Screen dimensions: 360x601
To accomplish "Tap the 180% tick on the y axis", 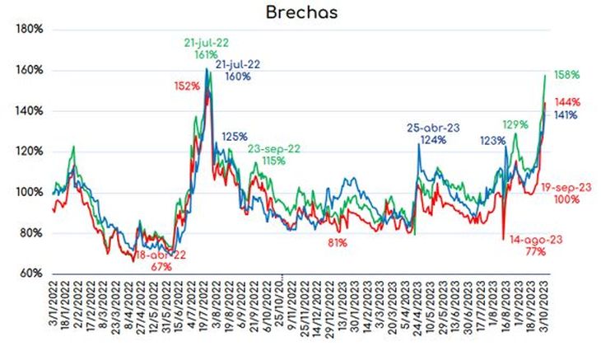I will click(x=30, y=30).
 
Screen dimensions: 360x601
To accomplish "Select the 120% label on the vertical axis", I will click(x=30, y=152).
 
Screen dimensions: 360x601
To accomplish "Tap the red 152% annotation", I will click(x=187, y=86).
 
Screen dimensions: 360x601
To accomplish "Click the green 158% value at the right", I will click(x=567, y=75).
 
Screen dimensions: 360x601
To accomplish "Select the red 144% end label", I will click(x=567, y=102).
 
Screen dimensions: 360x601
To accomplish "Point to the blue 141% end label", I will click(x=567, y=115).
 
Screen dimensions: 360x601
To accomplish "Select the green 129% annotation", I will click(x=515, y=124).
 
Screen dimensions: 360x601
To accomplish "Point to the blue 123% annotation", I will click(x=492, y=141).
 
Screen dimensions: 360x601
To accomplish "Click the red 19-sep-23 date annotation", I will click(x=568, y=187).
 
